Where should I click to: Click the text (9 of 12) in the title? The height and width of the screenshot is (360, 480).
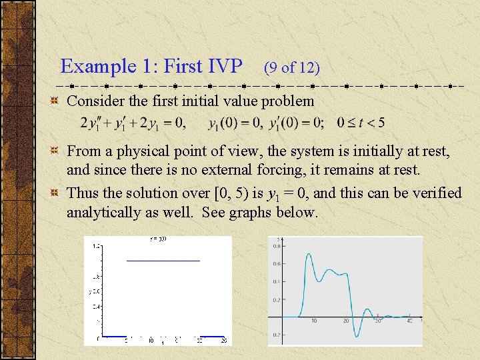click(291, 67)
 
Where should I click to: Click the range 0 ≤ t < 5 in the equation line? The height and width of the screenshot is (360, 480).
click(361, 123)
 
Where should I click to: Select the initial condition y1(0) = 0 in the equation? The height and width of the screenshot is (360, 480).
click(232, 123)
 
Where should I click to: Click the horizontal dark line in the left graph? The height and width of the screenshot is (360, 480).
click(163, 260)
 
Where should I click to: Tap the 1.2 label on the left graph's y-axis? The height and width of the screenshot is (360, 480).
click(97, 246)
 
